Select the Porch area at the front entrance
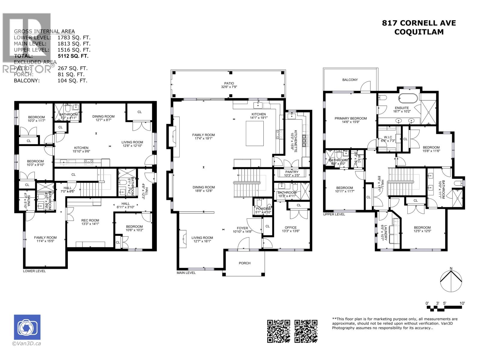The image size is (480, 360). pos(244,263)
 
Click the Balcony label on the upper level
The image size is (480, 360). pos(350,80)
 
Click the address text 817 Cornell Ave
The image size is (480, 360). pos(418,23)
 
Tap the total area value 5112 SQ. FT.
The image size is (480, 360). pos(73,56)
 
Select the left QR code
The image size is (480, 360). pos(279,331)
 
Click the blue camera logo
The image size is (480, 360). pos(27,327)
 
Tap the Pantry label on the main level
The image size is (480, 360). pos(292,172)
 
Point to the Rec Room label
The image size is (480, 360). pos(90,220)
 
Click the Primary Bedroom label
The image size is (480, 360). pos(351,118)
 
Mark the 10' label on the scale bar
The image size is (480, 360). pos(462,304)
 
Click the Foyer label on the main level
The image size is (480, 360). pos(242,228)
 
